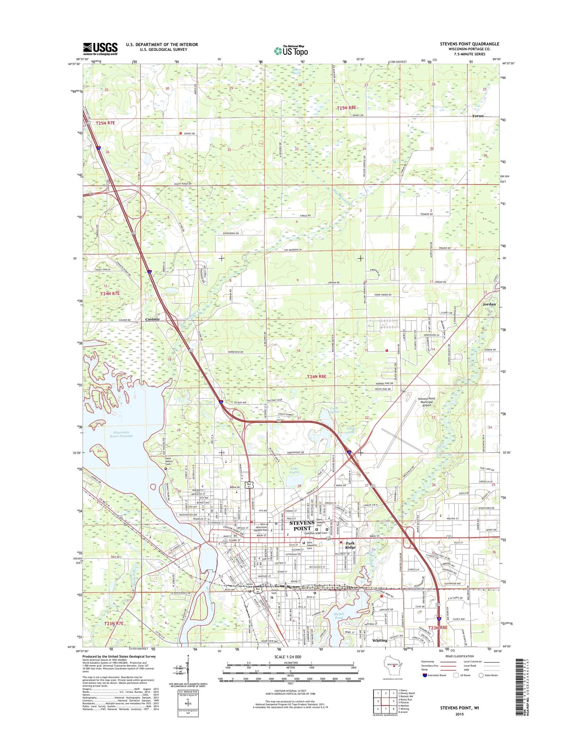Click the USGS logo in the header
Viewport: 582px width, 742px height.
[x=100, y=49]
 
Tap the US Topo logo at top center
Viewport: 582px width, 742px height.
[x=291, y=50]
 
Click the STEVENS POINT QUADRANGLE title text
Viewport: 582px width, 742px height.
[x=469, y=44]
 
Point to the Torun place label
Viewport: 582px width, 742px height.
[x=478, y=116]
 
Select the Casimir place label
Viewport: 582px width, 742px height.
[x=152, y=319]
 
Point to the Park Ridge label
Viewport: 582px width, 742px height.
[x=350, y=545]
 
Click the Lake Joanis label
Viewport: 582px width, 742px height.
[x=294, y=470]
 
